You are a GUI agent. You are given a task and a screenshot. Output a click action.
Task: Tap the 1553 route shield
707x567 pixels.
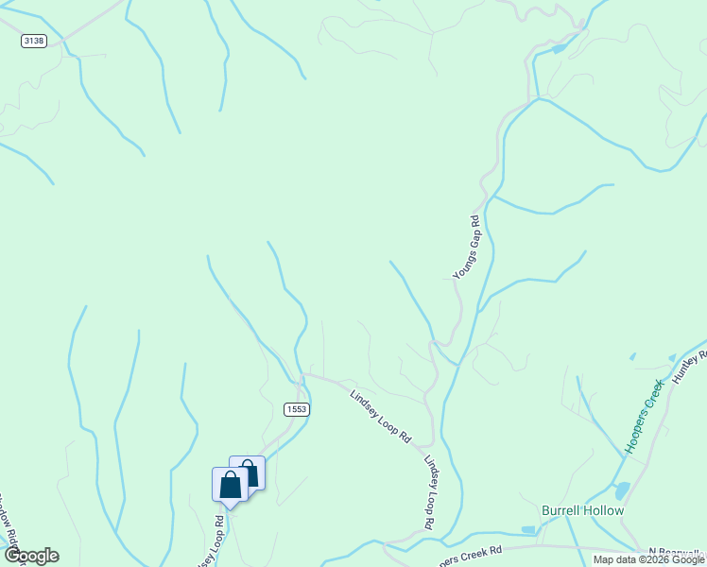[x=296, y=408]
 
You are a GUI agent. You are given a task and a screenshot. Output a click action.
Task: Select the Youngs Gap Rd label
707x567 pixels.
[x=467, y=248]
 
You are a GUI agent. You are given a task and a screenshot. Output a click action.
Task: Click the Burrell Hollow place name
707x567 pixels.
[x=582, y=510]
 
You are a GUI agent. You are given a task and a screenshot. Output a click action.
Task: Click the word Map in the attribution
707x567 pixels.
[x=604, y=559]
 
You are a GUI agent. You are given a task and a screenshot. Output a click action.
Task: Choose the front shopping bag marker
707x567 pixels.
[x=230, y=485]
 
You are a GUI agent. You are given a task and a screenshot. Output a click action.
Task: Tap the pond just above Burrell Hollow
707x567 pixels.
[x=621, y=491]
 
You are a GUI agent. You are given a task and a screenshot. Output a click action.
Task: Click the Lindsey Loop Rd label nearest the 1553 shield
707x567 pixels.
[x=381, y=417]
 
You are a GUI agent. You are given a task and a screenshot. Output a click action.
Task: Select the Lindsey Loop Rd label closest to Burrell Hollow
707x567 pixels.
[x=429, y=492]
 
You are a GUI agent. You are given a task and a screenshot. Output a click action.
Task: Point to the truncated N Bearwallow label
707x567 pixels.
[x=677, y=552]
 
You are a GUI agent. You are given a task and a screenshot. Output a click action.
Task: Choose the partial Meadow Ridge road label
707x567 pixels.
[x=9, y=530]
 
